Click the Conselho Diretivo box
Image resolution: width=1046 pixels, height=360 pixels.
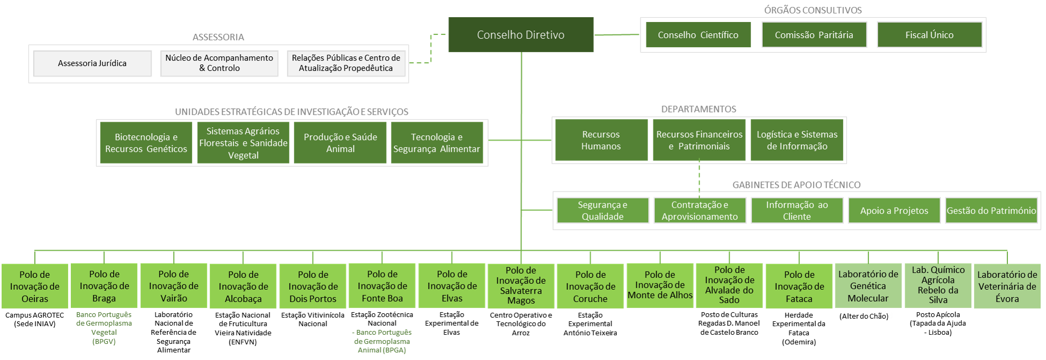click(521, 35)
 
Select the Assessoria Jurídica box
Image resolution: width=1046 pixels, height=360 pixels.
click(92, 63)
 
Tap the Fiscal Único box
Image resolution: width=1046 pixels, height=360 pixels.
click(929, 35)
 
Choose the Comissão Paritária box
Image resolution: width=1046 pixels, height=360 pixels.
click(814, 35)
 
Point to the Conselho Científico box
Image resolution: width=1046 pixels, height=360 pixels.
click(698, 35)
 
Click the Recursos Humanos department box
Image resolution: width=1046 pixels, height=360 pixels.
click(601, 141)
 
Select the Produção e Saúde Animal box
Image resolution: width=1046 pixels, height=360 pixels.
click(340, 143)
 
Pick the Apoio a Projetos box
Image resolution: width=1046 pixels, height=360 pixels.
click(894, 210)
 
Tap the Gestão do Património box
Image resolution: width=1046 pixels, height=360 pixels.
click(991, 210)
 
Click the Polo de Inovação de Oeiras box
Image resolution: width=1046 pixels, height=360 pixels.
click(35, 286)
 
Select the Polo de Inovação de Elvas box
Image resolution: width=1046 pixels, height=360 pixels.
click(452, 286)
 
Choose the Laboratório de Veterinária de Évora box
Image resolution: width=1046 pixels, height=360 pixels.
click(1007, 286)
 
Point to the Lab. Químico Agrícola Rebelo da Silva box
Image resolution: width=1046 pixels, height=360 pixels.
click(938, 285)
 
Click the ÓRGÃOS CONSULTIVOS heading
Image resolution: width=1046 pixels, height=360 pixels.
click(813, 10)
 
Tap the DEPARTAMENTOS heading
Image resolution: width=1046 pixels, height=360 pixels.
click(698, 109)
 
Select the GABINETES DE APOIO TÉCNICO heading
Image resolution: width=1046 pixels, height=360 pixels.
click(796, 185)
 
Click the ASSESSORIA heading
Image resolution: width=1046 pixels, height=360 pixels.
click(218, 38)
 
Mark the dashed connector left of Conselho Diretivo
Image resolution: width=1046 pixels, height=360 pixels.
click(431, 48)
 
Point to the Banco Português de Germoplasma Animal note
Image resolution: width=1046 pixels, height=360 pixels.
click(382, 341)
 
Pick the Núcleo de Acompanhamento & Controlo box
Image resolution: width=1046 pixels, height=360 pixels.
click(219, 63)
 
